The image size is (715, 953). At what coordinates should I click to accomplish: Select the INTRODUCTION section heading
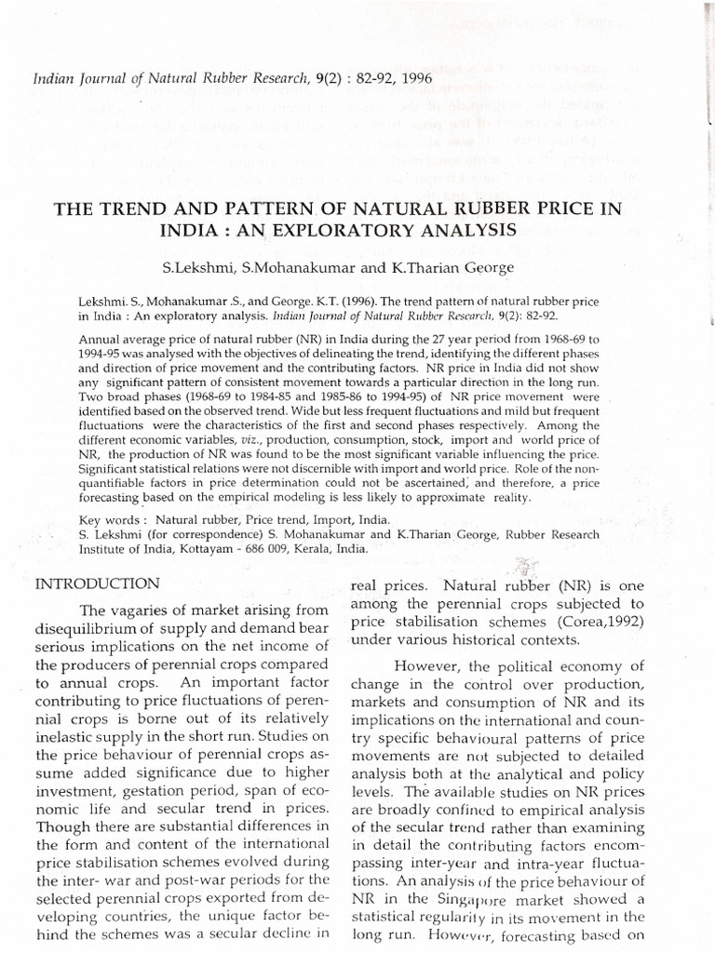point(97,584)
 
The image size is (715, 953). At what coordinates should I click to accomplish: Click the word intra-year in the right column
point(543,860)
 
